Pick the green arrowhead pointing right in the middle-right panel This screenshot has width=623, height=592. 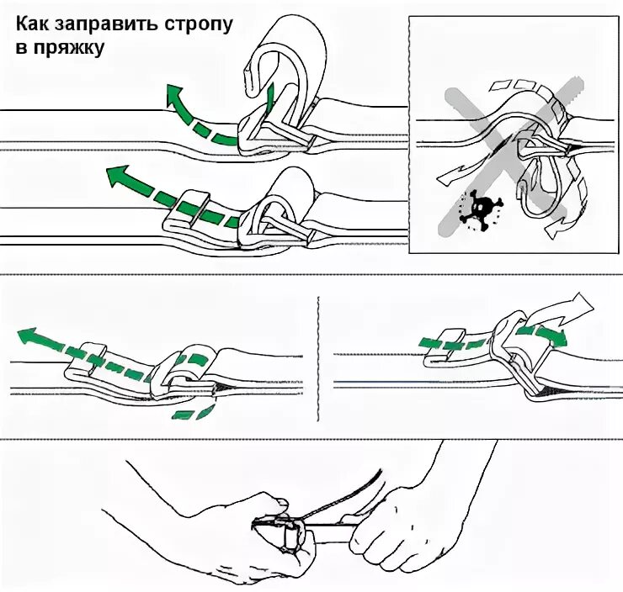click(559, 336)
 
